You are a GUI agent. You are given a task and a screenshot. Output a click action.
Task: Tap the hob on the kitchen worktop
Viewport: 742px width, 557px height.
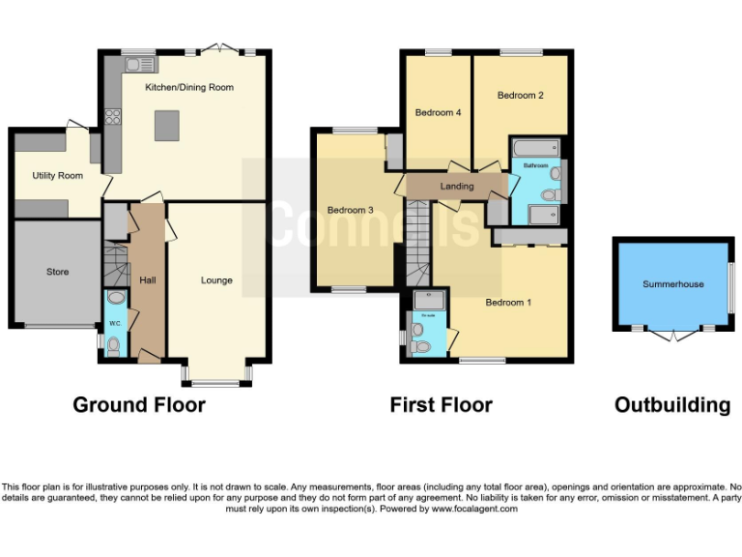pyautogui.click(x=112, y=118)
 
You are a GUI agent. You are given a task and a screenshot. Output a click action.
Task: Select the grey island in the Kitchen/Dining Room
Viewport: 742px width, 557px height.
pyautogui.click(x=166, y=124)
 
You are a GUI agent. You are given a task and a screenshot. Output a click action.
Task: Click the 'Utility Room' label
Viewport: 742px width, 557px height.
pyautogui.click(x=57, y=176)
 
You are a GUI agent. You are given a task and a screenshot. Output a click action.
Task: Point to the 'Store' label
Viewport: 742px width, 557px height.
pyautogui.click(x=57, y=272)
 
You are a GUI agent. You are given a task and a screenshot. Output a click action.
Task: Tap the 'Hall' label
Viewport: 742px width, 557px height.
pyautogui.click(x=147, y=280)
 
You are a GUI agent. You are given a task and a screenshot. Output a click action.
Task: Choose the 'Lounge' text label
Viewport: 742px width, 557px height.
pyautogui.click(x=216, y=280)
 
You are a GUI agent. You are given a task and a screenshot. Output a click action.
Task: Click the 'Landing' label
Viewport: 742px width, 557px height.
pyautogui.click(x=457, y=187)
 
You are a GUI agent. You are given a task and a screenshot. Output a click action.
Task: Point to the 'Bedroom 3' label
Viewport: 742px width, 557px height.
pyautogui.click(x=350, y=210)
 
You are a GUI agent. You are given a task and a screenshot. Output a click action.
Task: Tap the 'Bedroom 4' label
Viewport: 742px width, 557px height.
pyautogui.click(x=438, y=113)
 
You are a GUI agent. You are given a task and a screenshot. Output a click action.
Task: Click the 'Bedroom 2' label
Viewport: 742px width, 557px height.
pyautogui.click(x=520, y=96)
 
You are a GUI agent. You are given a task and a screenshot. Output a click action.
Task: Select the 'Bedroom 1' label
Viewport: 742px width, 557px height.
pyautogui.click(x=508, y=303)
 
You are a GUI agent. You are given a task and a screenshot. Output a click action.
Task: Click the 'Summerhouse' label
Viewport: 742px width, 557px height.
pyautogui.click(x=673, y=284)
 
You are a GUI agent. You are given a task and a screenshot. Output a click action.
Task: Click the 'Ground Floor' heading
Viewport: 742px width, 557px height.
pyautogui.click(x=139, y=405)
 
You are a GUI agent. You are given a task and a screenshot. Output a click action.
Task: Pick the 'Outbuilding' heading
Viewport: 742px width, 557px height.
pyautogui.click(x=672, y=405)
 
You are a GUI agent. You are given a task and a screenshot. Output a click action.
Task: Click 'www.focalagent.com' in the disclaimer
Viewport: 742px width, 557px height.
pyautogui.click(x=474, y=509)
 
